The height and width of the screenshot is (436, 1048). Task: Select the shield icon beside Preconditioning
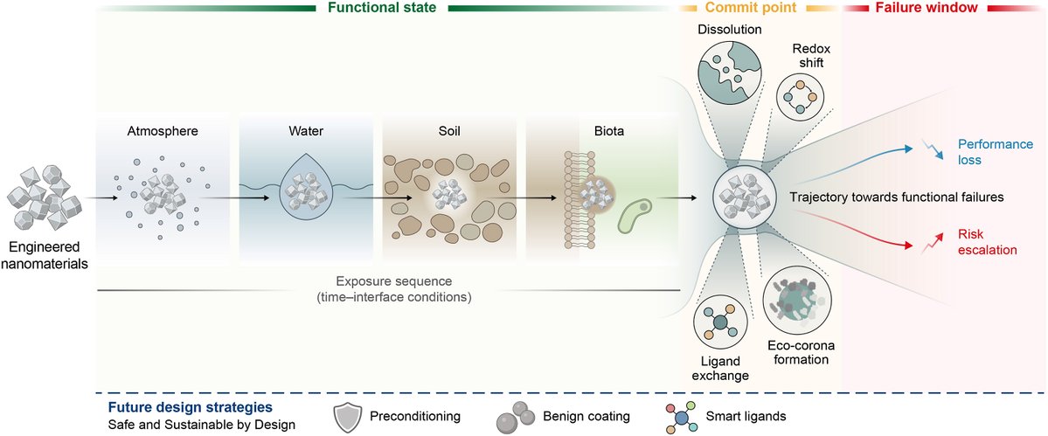pos(348,416)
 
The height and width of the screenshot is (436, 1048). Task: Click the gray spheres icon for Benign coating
pos(513,417)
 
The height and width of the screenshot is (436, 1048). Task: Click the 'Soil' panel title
pos(451,132)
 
